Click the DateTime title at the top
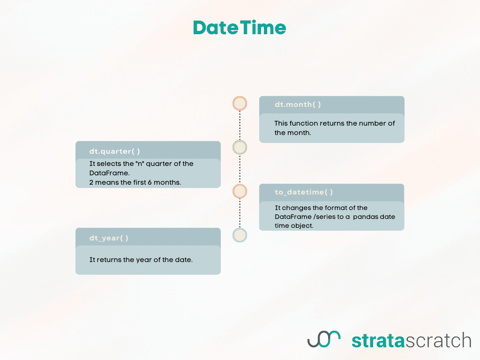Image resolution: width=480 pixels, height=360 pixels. pyautogui.click(x=240, y=28)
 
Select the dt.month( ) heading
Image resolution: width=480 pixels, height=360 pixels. pyautogui.click(x=298, y=105)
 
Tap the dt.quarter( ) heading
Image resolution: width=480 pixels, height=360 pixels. pyautogui.click(x=114, y=151)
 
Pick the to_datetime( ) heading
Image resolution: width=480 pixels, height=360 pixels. pyautogui.click(x=304, y=192)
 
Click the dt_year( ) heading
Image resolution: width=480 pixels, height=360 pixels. pyautogui.click(x=109, y=238)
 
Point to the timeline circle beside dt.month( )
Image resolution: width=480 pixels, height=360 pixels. pyautogui.click(x=240, y=104)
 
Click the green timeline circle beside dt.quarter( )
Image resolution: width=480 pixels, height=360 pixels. pyautogui.click(x=240, y=148)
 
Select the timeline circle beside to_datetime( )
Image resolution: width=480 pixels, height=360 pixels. pyautogui.click(x=240, y=191)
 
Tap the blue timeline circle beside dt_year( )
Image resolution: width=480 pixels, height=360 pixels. pyautogui.click(x=240, y=235)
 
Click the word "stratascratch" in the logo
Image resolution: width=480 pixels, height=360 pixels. pyautogui.click(x=411, y=340)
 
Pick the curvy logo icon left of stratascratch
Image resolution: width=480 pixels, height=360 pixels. pyautogui.click(x=323, y=339)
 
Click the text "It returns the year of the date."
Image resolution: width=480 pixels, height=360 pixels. pyautogui.click(x=141, y=260)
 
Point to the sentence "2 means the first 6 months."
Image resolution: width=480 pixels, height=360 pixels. pyautogui.click(x=135, y=182)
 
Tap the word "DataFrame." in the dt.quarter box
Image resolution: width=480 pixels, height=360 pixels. pyautogui.click(x=106, y=173)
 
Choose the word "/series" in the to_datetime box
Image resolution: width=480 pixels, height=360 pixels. pyautogui.click(x=320, y=217)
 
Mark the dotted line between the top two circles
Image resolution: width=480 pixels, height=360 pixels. pyautogui.click(x=240, y=126)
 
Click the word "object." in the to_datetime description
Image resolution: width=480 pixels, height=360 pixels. pyautogui.click(x=303, y=225)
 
